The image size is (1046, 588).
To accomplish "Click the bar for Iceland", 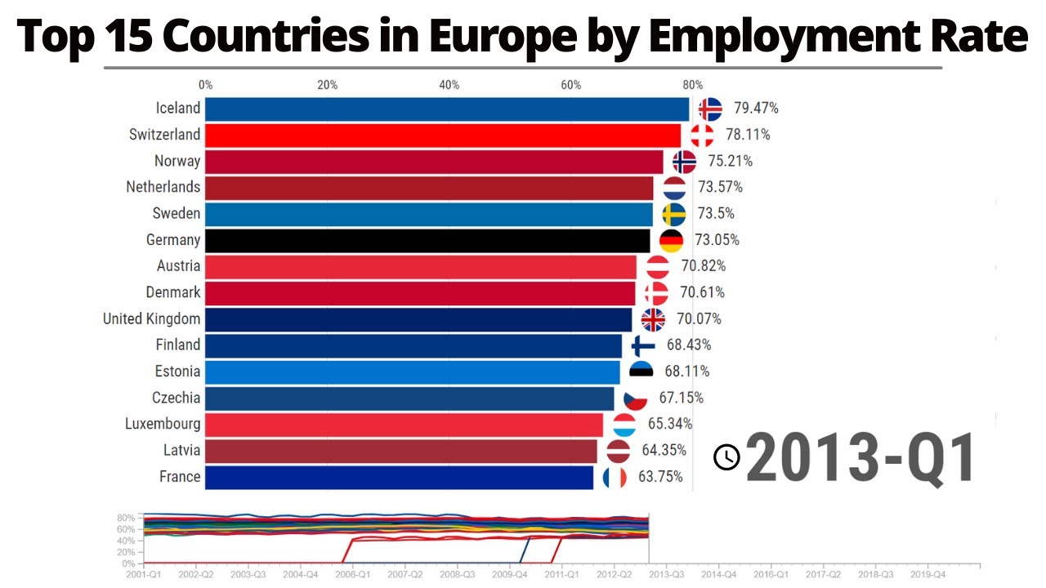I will pos(447,109).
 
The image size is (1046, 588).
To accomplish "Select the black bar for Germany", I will pos(427,240).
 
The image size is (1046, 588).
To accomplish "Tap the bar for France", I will pos(399,477).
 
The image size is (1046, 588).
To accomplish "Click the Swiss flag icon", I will pos(703,135).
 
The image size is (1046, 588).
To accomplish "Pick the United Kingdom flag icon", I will pos(654,318).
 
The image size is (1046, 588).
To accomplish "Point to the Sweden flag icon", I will pos(674,214).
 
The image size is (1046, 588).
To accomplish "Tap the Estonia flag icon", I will pos(641,372).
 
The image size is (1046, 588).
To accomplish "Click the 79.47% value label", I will pos(756,108).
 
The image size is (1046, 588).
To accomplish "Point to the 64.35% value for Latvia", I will pos(664,450).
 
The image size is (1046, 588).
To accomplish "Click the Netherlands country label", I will pos(163,187).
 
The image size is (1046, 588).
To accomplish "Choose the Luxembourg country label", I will pos(163,424).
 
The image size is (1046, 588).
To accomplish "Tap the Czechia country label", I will pos(176,398).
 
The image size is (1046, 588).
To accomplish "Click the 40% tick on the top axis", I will pos(449,85).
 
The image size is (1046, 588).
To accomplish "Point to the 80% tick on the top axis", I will pos(692,85).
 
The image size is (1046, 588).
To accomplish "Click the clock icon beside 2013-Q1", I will pos(726,457).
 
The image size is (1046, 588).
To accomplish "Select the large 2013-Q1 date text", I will pos(860,457).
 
